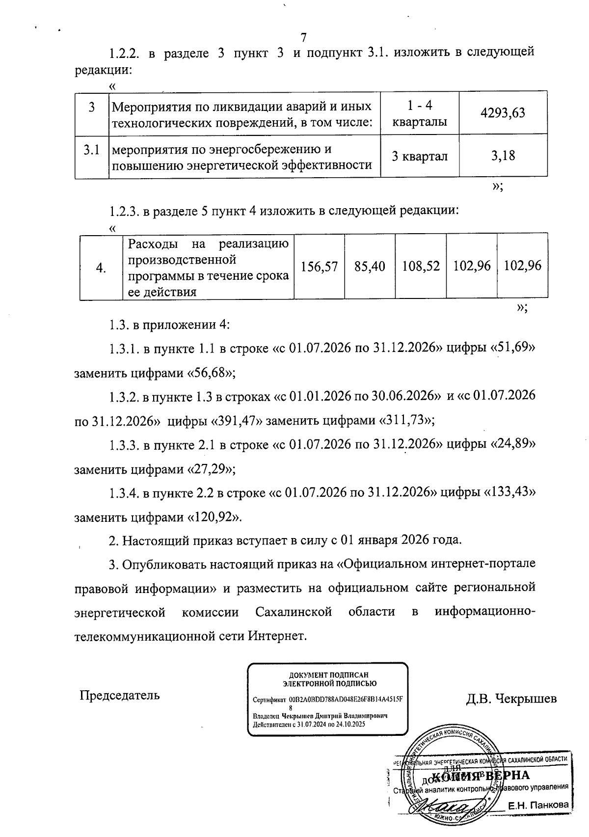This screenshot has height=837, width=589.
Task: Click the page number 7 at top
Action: click(303, 38)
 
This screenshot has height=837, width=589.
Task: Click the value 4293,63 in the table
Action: click(503, 113)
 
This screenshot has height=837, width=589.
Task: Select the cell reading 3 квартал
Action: click(420, 156)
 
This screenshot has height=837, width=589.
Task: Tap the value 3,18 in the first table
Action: click(503, 156)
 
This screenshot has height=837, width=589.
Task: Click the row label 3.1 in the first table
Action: click(91, 150)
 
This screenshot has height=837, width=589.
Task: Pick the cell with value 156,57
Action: click(320, 266)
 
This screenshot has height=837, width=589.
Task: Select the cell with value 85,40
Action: click(370, 266)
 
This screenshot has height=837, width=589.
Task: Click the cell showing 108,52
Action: click(421, 266)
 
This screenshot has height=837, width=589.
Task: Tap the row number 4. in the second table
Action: click(101, 268)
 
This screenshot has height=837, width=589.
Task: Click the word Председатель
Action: click(120, 695)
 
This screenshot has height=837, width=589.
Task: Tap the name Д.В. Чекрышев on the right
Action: click(511, 698)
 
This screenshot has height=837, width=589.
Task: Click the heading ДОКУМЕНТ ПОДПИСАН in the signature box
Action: click(327, 675)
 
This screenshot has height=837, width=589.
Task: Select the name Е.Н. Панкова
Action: click(538, 805)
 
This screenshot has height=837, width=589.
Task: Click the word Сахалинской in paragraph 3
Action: click(294, 612)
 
